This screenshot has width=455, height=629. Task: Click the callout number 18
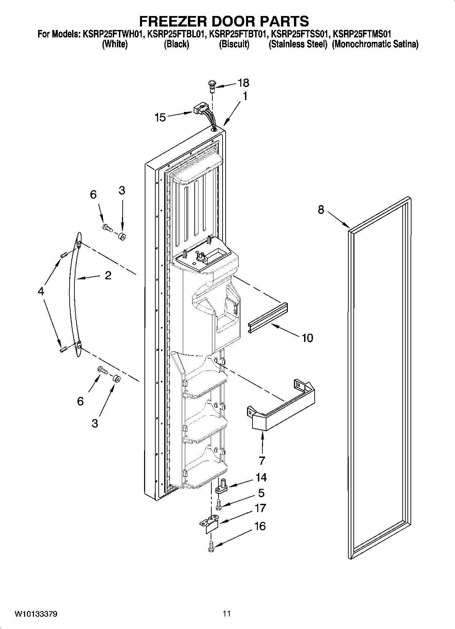[x=244, y=83]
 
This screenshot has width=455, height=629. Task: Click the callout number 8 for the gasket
[x=321, y=210]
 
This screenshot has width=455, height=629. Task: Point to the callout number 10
[x=307, y=338]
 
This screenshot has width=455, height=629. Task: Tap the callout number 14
[x=261, y=478]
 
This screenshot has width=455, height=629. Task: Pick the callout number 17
[x=260, y=508]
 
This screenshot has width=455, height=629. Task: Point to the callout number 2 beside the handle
[x=108, y=275]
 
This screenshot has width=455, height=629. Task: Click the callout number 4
[x=41, y=291]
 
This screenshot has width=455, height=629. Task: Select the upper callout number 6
[x=93, y=195]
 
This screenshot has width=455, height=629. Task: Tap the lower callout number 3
[x=95, y=424]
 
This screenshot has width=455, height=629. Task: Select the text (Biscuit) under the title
[x=234, y=44]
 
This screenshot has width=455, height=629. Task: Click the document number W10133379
[x=36, y=614]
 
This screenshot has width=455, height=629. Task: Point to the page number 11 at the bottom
[x=227, y=614]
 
